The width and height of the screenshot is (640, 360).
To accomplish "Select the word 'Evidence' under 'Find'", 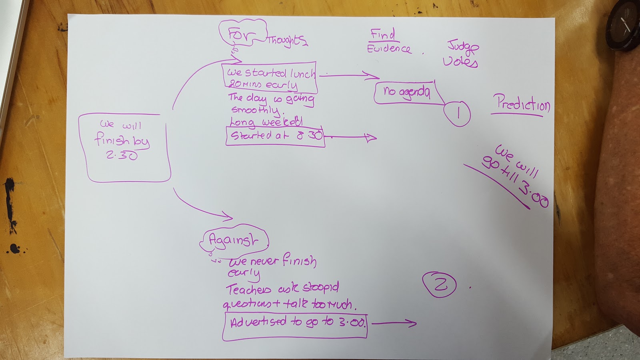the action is point(389,49).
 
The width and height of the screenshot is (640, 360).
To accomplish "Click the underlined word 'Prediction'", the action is point(522,104).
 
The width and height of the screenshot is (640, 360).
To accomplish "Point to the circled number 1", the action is point(457,114).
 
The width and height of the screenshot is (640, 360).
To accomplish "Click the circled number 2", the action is point(440,284).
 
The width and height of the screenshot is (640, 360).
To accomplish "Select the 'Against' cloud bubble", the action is point(234,240).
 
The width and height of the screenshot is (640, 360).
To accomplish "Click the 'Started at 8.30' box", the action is point(275,136).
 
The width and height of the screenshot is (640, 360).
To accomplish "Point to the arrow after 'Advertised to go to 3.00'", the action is point(394,323).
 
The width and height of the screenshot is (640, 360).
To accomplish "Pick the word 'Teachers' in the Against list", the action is point(248,289).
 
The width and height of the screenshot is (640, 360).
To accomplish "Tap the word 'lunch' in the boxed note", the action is point(302,73).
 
